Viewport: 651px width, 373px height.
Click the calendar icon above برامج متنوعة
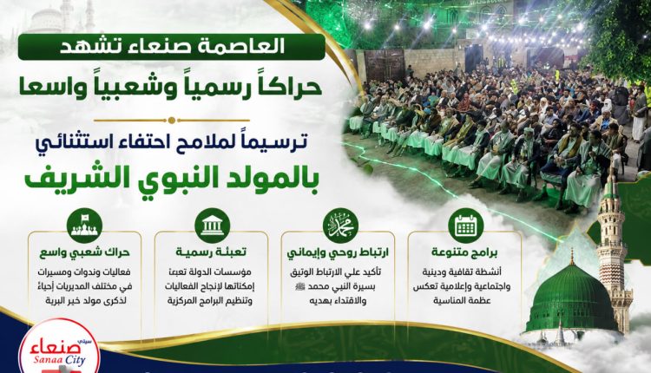click(466, 226)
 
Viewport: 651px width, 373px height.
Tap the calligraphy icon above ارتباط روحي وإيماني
click(340, 226)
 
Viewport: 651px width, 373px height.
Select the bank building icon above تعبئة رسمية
click(212, 226)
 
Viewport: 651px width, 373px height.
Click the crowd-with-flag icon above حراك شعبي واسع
click(84, 226)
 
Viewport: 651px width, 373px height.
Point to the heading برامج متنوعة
click(464, 252)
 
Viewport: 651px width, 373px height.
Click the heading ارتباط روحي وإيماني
click(338, 252)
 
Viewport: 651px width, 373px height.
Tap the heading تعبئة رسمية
click(211, 252)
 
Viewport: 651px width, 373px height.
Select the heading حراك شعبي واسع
click(85, 252)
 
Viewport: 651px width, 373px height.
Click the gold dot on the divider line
click(172, 121)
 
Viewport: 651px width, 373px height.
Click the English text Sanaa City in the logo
click(60, 359)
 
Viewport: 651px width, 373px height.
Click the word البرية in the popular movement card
click(56, 300)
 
